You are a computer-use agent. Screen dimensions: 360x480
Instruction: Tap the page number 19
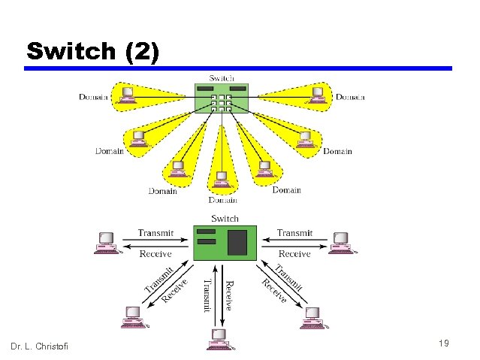pyautogui.click(x=443, y=343)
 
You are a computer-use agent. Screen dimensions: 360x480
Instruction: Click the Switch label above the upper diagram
pyautogui.click(x=221, y=77)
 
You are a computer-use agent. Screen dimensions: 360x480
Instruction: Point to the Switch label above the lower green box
pyautogui.click(x=225, y=219)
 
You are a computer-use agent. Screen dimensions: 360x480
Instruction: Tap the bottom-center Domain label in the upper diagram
pyautogui.click(x=223, y=200)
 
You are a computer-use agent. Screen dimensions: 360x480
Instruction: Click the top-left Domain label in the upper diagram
pyautogui.click(x=94, y=97)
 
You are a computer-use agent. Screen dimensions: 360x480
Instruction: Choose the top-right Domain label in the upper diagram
pyautogui.click(x=350, y=97)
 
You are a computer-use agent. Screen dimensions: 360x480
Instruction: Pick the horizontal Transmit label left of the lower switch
pyautogui.click(x=155, y=233)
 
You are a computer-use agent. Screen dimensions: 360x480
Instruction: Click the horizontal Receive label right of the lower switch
pyautogui.click(x=294, y=254)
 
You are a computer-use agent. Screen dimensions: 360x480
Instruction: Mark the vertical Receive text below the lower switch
pyautogui.click(x=229, y=294)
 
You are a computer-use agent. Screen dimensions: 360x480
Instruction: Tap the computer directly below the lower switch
pyautogui.click(x=219, y=339)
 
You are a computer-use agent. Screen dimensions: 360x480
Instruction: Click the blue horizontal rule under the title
pyautogui.click(x=238, y=68)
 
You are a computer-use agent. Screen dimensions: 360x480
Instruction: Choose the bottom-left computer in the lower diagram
pyautogui.click(x=133, y=316)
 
